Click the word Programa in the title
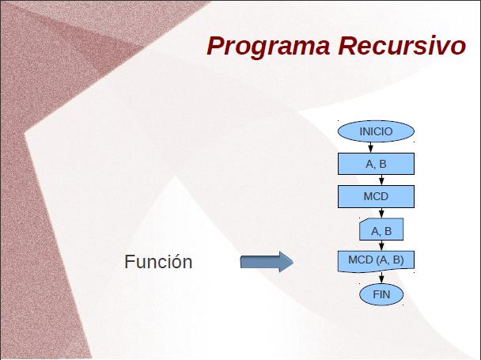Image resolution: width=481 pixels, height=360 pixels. (x=268, y=47)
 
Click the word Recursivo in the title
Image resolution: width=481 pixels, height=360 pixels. (x=402, y=46)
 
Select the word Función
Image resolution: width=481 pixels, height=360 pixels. (x=158, y=262)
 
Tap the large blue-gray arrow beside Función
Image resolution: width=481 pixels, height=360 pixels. (x=267, y=262)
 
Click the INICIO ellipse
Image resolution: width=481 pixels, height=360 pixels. (x=376, y=131)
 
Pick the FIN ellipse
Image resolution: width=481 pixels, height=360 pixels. (x=381, y=294)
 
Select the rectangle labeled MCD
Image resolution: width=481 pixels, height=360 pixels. (x=376, y=196)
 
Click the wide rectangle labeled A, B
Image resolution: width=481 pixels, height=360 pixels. (x=376, y=164)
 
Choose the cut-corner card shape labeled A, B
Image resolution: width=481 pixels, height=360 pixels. (x=381, y=229)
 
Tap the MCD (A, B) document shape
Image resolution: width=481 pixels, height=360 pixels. (x=376, y=261)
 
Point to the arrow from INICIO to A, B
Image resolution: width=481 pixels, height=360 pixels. (x=370, y=147)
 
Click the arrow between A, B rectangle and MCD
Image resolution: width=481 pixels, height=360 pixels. (x=381, y=180)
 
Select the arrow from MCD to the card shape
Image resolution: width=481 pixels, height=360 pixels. (x=381, y=213)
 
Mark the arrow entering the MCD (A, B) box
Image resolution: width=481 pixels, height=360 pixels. (x=381, y=245)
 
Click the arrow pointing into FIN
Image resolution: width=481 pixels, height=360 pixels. (x=381, y=278)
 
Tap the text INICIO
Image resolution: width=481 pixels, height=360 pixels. (x=376, y=131)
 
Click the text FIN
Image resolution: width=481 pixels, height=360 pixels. (x=381, y=294)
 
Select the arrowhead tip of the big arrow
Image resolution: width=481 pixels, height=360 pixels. (x=294, y=262)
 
